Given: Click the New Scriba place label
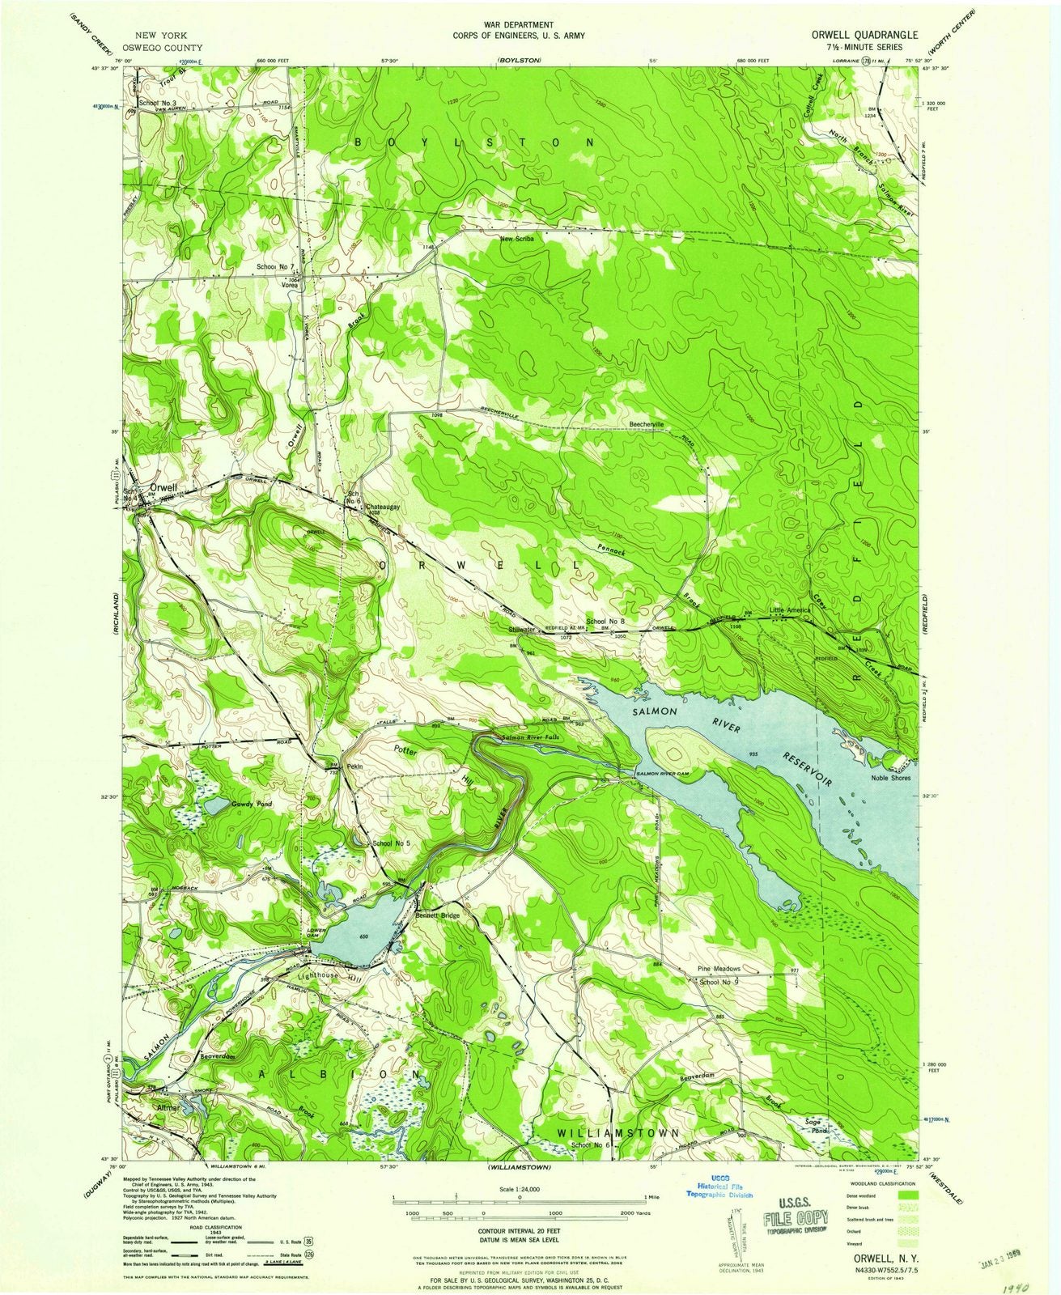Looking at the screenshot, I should tap(518, 239).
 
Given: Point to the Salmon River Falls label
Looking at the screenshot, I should tap(529, 737).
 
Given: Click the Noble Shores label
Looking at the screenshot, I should tap(890, 778).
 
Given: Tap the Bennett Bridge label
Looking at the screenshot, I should tap(438, 915).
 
